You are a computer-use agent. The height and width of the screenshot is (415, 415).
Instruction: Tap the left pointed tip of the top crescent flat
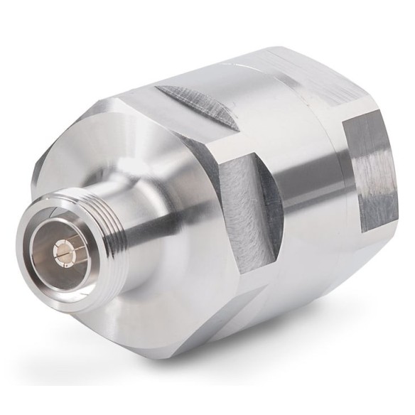(x=158, y=90)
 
